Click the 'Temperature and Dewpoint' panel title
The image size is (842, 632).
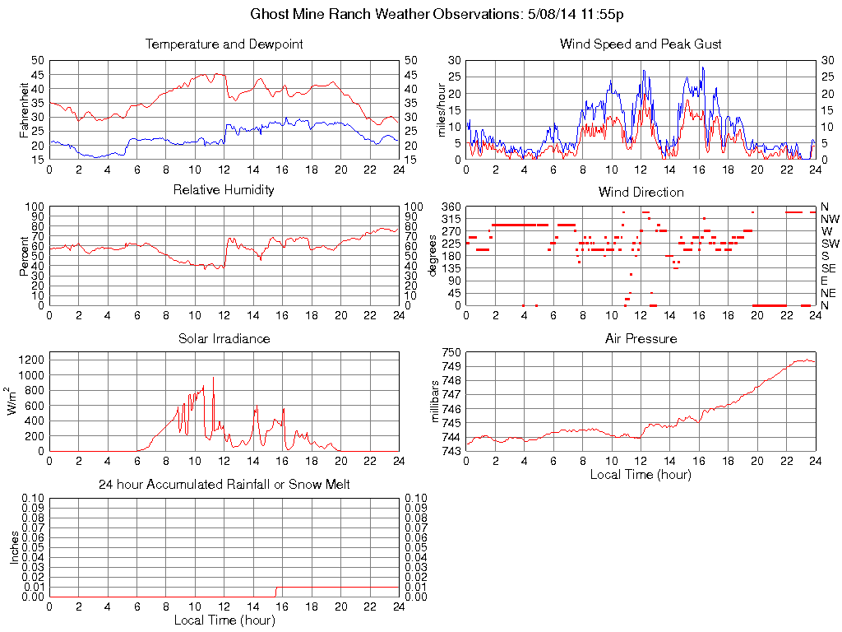point(224,44)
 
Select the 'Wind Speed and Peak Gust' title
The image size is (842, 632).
point(641,44)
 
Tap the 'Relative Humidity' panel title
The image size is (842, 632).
point(224,190)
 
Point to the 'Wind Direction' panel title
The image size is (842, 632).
point(641,192)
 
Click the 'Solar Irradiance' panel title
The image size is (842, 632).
point(224,338)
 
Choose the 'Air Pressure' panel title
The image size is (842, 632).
point(641,338)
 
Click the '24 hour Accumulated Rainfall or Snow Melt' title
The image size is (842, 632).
point(224,485)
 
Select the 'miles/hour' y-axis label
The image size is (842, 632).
point(442,109)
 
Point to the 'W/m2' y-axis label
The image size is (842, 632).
point(14,401)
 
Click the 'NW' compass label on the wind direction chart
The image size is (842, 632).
point(830,219)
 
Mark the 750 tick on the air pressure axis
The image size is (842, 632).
point(450,352)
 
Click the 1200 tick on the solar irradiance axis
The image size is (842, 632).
point(31,359)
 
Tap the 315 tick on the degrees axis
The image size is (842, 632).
point(451,219)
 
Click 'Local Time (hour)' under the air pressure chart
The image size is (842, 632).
point(641,474)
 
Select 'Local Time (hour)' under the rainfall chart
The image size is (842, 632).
point(224,620)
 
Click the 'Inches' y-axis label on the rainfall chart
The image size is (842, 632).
point(14,547)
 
